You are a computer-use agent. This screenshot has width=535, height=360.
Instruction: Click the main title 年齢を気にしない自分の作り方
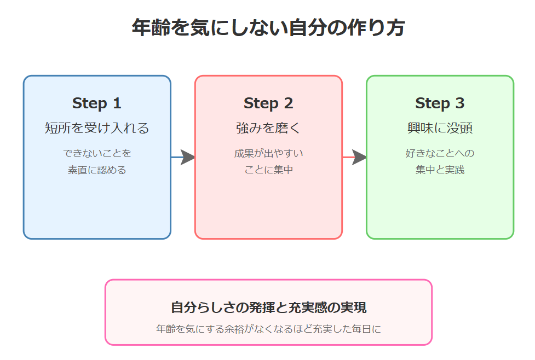point(268,27)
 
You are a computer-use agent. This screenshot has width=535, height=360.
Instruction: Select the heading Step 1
point(97,103)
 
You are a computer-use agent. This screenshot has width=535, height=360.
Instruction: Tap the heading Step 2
point(268,103)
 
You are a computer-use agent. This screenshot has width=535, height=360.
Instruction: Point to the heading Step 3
point(440,103)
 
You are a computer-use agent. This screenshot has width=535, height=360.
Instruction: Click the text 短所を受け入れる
point(97,128)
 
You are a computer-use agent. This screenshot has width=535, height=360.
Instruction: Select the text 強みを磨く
point(268,128)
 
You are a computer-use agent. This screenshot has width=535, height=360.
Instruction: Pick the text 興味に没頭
point(440,128)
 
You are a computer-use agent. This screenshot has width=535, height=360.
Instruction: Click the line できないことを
point(97,153)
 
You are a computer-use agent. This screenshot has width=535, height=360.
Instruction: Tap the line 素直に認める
point(97,170)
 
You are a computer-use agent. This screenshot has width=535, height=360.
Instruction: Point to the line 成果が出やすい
point(268,153)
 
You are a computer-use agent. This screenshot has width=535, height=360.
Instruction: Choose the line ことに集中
point(268,170)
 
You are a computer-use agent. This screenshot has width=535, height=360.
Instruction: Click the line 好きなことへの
point(440,153)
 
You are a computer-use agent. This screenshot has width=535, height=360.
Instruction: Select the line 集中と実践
point(440,170)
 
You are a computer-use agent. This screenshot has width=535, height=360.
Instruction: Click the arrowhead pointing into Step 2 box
point(188,158)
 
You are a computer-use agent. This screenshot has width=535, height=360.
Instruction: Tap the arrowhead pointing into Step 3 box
point(359,158)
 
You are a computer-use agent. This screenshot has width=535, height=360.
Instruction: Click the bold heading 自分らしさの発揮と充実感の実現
point(268,307)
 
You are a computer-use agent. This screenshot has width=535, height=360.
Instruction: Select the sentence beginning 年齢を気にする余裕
point(268,329)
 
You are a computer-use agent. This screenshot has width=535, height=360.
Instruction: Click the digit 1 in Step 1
point(116,103)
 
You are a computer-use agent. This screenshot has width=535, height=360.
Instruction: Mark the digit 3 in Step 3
point(459,103)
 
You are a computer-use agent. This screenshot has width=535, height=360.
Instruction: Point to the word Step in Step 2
point(260,103)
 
